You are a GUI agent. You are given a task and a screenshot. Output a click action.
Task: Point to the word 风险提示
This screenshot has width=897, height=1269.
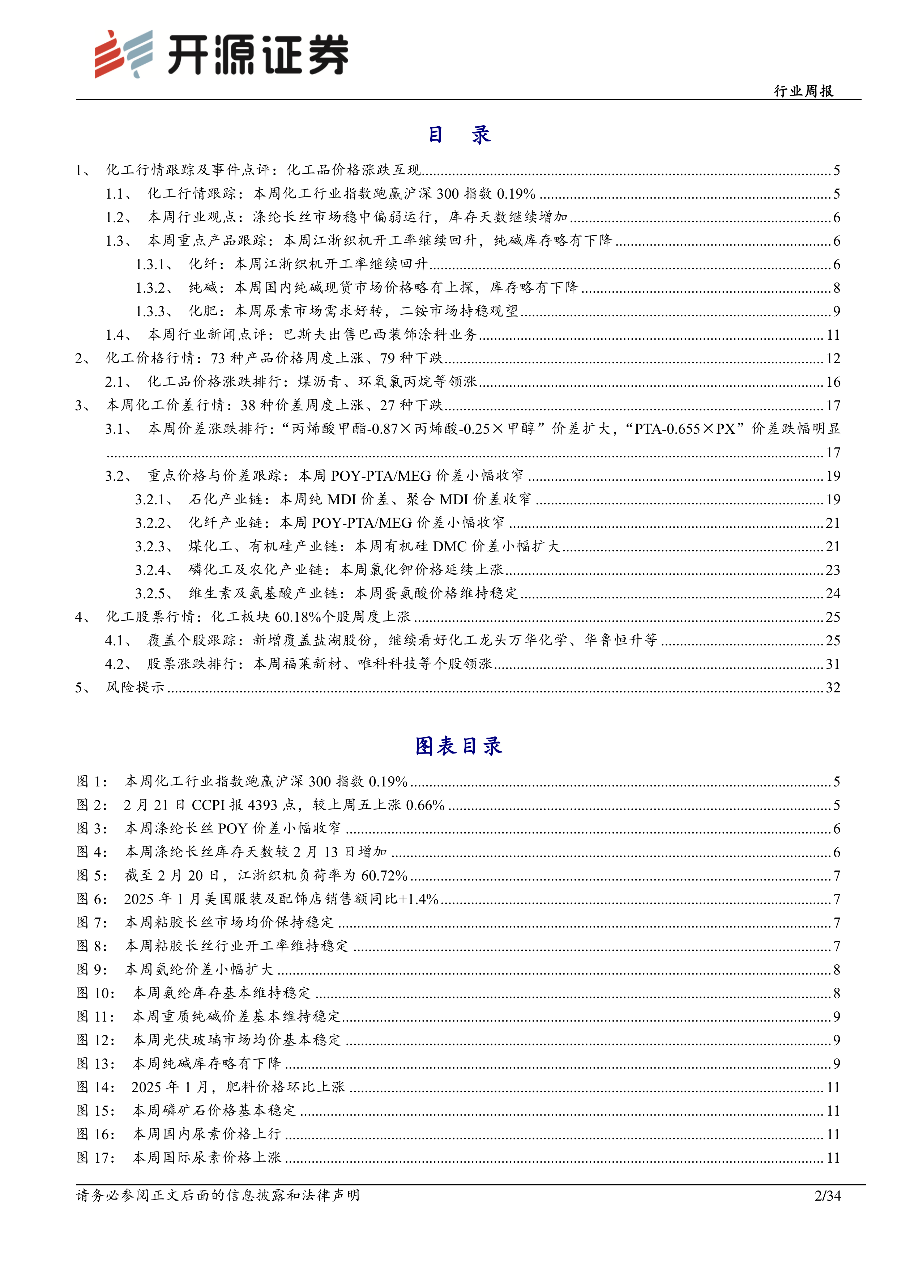135,688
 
